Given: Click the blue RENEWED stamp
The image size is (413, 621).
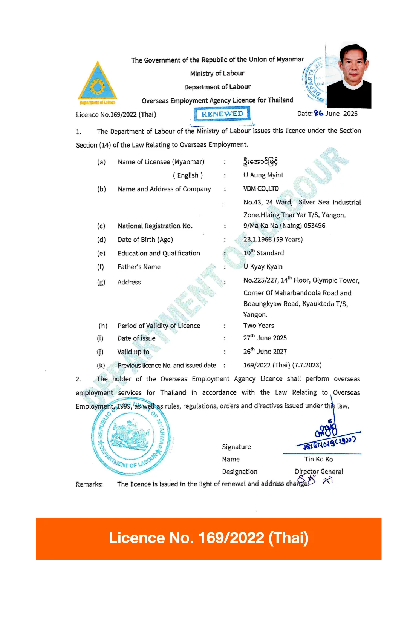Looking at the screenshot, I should tap(222, 114).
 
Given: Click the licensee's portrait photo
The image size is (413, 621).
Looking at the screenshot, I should tap(349, 75).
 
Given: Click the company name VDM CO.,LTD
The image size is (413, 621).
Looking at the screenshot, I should tap(261, 189).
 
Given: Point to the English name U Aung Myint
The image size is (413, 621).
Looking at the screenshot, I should tap(263, 175).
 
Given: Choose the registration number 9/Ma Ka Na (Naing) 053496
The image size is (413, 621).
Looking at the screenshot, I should tap(284, 226).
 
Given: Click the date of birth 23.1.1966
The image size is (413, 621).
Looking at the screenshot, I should tap(257, 239).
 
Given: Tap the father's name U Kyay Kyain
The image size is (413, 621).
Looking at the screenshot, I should tap(263, 266).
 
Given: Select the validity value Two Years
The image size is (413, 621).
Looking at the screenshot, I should tap(259, 325).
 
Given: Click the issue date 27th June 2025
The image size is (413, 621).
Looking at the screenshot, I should tap(265, 338).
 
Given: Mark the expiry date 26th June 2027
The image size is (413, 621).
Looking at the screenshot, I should tap(265, 351).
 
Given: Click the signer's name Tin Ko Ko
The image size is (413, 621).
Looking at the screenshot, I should tap(318, 459).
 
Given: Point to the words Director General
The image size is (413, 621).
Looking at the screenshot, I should tap(319, 472).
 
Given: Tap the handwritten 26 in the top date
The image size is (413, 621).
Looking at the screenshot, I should tap(318, 113).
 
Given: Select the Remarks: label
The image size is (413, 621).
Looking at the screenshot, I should tap(89, 484).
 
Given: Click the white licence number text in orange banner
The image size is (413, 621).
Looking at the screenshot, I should tap(208, 538).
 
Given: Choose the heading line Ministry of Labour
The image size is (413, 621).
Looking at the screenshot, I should tap(217, 73).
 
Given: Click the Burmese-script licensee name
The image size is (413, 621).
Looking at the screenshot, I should tap(260, 161).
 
